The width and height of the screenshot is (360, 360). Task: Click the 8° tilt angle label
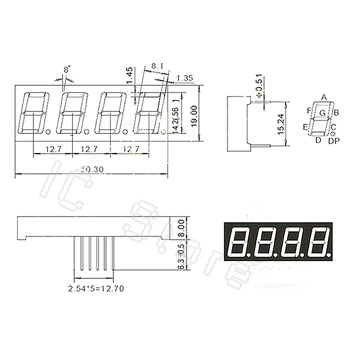(x=67, y=70)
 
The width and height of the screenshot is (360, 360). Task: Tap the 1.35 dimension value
(x=184, y=78)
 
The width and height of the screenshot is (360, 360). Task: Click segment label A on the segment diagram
(x=323, y=97)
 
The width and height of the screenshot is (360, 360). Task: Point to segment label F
(x=309, y=110)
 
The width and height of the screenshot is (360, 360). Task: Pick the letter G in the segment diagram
(x=323, y=112)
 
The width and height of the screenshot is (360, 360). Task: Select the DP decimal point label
(x=333, y=142)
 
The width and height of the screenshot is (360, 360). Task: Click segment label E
(x=306, y=128)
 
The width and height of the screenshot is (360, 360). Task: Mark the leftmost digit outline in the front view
(x=32, y=112)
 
